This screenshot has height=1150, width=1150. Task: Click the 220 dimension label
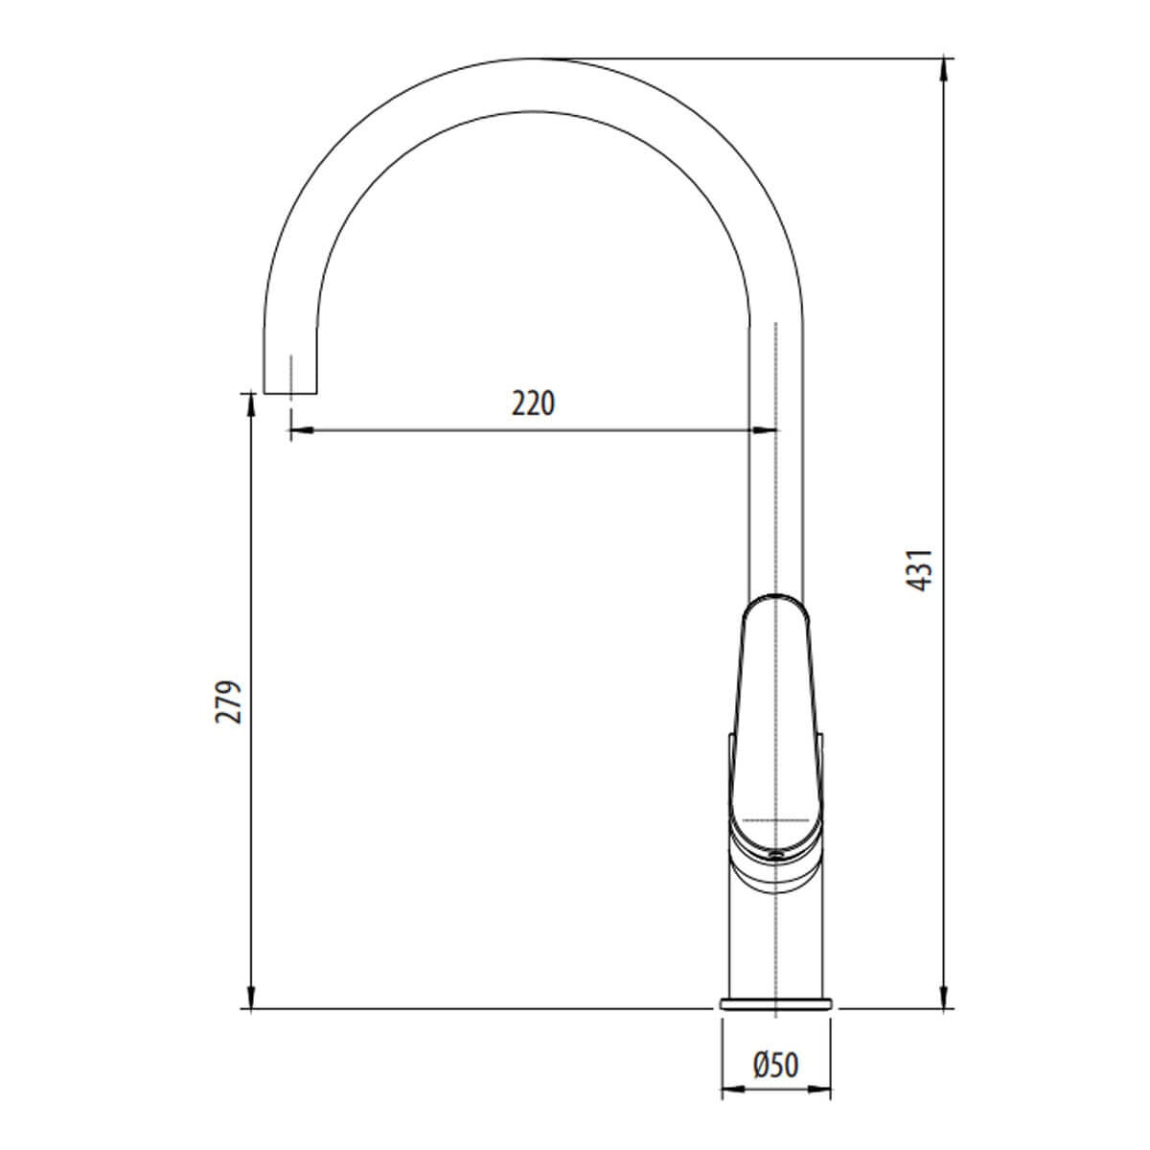pyautogui.click(x=533, y=402)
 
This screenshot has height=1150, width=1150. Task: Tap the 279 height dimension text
pyautogui.click(x=228, y=701)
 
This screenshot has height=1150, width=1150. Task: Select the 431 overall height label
pyautogui.click(x=919, y=570)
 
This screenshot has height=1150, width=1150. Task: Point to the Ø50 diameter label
pyautogui.click(x=775, y=1066)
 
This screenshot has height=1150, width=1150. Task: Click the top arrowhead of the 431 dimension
pyautogui.click(x=943, y=70)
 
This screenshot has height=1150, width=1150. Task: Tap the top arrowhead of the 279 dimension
pyautogui.click(x=251, y=405)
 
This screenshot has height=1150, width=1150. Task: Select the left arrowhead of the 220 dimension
pyautogui.click(x=302, y=429)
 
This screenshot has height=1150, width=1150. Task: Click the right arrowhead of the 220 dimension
pyautogui.click(x=764, y=429)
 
